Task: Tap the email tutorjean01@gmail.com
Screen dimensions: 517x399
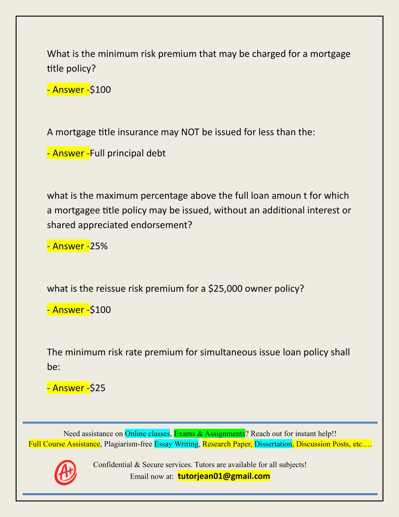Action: (224, 476)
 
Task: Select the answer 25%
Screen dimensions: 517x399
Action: (99, 246)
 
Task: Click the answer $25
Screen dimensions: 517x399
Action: (98, 388)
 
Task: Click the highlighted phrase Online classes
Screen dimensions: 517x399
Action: (147, 434)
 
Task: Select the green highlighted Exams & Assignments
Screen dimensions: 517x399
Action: (209, 434)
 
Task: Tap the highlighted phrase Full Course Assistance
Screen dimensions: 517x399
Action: (64, 444)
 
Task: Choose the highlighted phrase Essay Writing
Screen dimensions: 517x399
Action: (176, 444)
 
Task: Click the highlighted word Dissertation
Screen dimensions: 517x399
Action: (273, 444)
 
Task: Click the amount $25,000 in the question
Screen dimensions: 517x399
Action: (225, 289)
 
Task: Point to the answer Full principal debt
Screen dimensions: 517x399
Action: (128, 153)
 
